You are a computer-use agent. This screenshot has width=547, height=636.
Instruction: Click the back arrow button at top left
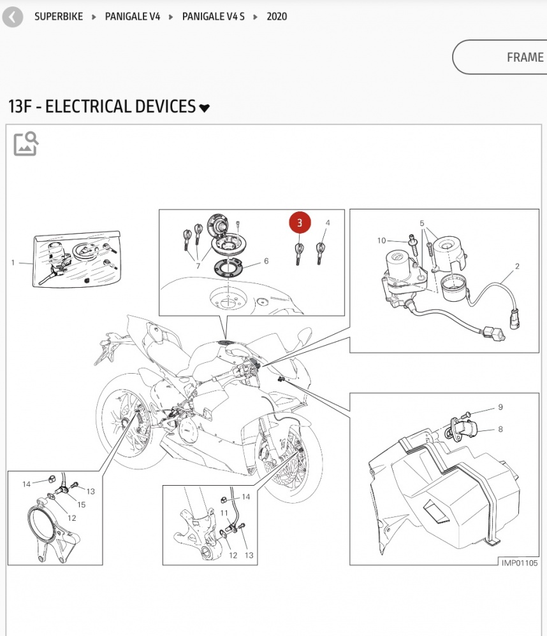pos(13,17)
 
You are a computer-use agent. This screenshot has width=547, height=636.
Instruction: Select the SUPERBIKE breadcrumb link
pos(59,17)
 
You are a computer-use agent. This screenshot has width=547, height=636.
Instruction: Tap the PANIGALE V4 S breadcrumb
pos(213,17)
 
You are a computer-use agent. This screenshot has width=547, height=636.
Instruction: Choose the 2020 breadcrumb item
pos(277,17)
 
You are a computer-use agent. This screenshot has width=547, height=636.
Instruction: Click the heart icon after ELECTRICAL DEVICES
pos(204,108)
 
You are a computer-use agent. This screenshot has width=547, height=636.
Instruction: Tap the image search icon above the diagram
pos(26,144)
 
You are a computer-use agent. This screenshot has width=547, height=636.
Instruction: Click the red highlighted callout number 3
pos(300,223)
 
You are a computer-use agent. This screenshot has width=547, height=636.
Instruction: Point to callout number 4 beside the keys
pos(328,223)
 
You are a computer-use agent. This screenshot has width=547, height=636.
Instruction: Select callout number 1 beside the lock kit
pos(13,262)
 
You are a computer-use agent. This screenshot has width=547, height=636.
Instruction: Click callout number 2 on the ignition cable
pos(517,266)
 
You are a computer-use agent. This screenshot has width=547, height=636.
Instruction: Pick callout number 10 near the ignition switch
pos(381,241)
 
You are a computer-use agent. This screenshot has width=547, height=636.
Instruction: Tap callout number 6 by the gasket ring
pos(266,261)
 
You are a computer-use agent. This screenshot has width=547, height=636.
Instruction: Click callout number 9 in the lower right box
pos(500,407)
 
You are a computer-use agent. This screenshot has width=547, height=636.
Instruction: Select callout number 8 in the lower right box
pos(500,429)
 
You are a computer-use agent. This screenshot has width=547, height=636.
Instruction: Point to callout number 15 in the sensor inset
pos(82,505)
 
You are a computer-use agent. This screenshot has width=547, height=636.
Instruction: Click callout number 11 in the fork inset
pos(224,512)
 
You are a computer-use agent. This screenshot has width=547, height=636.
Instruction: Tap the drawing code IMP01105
pos(520,562)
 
